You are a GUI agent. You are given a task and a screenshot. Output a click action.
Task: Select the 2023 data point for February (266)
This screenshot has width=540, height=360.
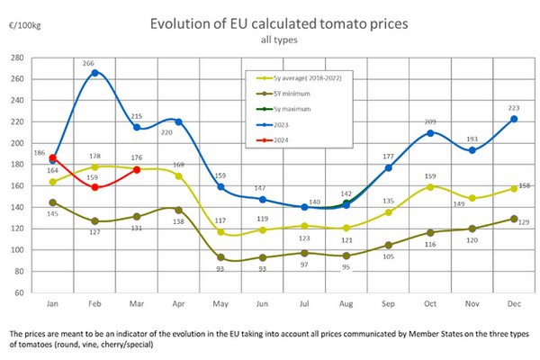tap(94, 72)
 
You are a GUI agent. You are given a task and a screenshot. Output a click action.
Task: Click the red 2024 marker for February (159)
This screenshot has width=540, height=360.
tap(94, 186)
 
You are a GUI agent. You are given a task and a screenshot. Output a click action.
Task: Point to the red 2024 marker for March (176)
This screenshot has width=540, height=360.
tap(136, 169)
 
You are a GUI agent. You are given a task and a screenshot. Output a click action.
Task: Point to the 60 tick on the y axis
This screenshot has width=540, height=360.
tap(19, 293)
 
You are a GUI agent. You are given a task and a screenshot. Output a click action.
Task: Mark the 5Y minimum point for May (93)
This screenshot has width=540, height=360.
tap(220, 257)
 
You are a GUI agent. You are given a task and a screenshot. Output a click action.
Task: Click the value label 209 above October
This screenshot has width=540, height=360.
tap(430, 121)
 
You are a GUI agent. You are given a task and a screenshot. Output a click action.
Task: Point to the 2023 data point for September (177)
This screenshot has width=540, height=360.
tap(388, 167)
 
